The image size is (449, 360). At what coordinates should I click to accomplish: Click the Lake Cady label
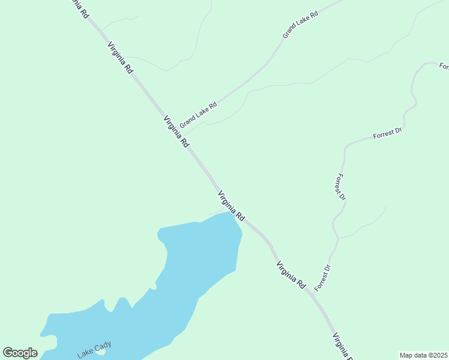tap(94, 350)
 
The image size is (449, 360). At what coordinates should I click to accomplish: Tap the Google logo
tap(20, 353)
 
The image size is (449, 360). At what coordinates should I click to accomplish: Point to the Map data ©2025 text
tap(424, 355)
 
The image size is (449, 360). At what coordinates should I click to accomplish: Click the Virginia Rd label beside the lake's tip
tap(231, 205)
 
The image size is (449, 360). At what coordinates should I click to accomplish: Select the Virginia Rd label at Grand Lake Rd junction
tap(176, 132)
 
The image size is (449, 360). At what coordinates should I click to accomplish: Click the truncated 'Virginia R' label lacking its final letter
tap(342, 346)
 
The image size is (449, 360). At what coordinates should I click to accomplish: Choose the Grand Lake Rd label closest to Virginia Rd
tap(198, 114)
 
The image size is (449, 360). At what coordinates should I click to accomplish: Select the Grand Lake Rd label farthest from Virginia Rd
tap(300, 24)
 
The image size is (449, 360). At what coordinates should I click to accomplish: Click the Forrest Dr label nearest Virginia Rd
tap(322, 277)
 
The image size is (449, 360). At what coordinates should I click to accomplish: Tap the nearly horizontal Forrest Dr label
tap(387, 134)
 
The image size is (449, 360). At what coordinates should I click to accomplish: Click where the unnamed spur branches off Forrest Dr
tap(339, 238)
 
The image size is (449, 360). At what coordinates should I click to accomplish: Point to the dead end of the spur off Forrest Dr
tap(385, 208)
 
